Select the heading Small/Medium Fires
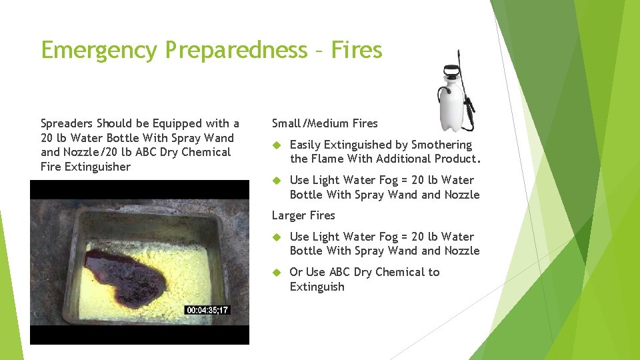(x=325, y=123)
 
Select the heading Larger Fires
(x=303, y=215)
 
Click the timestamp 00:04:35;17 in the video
(x=207, y=310)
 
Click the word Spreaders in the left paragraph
(x=67, y=123)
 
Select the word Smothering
(x=441, y=145)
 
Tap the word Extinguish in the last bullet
(x=317, y=287)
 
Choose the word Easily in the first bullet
(x=305, y=145)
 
